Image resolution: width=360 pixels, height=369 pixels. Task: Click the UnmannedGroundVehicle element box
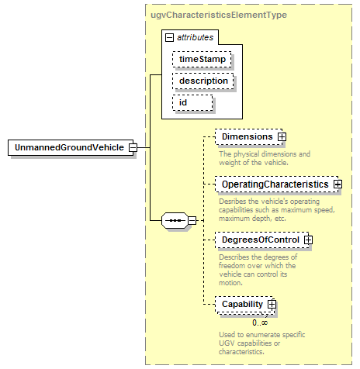click(71, 147)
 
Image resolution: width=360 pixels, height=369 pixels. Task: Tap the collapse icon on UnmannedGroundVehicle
click(133, 147)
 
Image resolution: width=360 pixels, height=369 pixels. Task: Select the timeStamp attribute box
click(202, 60)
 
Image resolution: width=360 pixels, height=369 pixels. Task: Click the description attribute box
click(203, 81)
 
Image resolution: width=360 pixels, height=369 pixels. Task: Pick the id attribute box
click(192, 103)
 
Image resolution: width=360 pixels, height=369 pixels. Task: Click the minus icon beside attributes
click(169, 38)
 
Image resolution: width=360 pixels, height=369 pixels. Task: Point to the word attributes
click(196, 37)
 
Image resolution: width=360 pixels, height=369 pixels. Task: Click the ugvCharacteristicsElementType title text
click(219, 15)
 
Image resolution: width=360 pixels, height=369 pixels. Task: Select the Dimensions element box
click(248, 136)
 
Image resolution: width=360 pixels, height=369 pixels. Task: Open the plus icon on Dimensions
click(282, 136)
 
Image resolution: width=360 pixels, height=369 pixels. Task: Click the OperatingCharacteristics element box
click(276, 184)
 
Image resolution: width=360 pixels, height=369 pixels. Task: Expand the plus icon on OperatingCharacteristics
click(337, 184)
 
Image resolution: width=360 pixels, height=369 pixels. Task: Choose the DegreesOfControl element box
click(261, 240)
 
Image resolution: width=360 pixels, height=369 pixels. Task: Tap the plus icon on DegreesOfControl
click(308, 240)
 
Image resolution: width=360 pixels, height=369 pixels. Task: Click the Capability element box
click(244, 305)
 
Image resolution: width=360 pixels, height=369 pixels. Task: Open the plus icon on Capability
click(272, 305)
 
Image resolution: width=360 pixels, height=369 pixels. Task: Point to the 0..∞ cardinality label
click(260, 322)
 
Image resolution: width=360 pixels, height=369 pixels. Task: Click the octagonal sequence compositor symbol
click(175, 221)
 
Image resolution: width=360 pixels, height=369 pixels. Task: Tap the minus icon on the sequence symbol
click(192, 221)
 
